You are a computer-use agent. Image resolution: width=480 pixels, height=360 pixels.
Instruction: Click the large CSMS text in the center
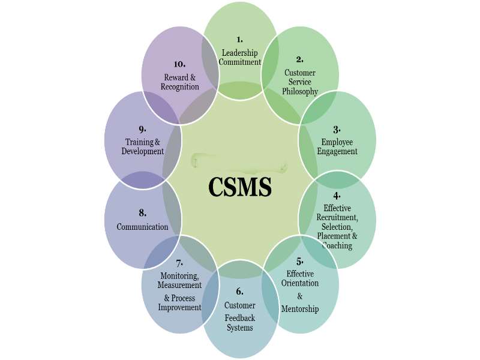point(240,187)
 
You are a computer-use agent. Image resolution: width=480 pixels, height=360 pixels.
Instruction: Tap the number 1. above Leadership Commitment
point(239,40)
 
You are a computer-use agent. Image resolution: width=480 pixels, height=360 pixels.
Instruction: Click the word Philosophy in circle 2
point(300,92)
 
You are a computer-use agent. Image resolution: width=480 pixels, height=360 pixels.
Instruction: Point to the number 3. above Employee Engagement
point(337,129)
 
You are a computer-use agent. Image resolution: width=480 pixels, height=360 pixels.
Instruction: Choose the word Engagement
point(337,152)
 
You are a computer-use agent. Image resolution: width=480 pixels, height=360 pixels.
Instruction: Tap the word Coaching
point(337,245)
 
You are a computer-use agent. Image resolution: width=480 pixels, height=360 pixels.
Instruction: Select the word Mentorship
point(299,308)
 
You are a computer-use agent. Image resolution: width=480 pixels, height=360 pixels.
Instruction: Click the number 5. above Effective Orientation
point(299,261)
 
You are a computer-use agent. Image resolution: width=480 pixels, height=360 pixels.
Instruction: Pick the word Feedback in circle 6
point(240,317)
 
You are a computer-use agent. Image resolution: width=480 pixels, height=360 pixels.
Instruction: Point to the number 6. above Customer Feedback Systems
point(239,292)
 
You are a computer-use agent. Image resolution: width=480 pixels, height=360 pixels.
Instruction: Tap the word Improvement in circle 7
point(179,307)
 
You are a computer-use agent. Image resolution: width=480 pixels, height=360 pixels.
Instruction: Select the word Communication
point(143,227)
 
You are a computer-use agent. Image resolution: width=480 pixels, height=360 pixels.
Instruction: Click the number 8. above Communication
point(142,212)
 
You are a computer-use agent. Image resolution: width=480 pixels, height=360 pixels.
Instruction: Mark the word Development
point(143,152)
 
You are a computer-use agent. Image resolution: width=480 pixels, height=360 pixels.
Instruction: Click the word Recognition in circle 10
point(180,87)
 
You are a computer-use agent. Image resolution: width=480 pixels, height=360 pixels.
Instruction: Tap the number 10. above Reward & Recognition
point(179,63)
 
